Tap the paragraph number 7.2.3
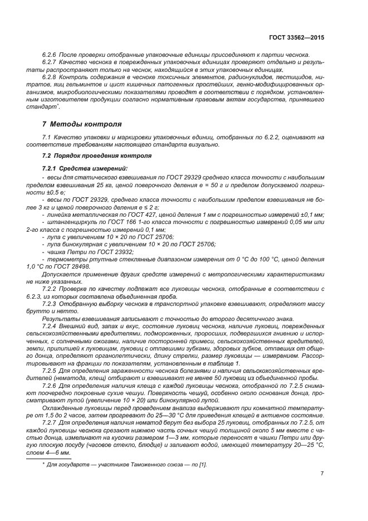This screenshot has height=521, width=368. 51,303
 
